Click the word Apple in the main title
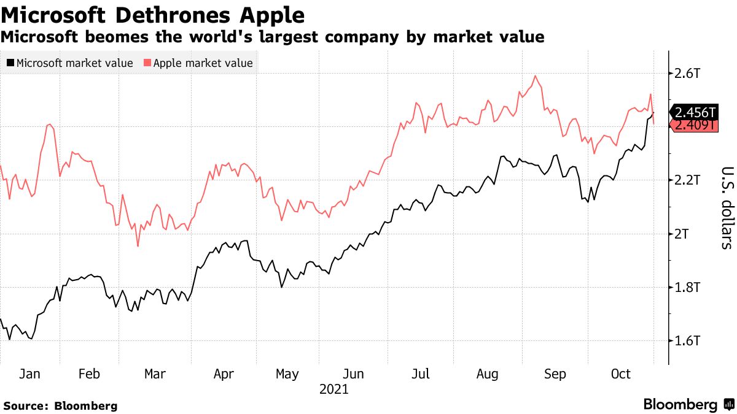271,13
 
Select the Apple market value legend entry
198,63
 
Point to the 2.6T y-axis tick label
687,74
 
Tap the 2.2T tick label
687,180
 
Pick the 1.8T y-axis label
687,287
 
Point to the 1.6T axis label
687,340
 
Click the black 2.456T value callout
695,112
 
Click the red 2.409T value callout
695,126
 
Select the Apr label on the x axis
222,374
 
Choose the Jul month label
421,374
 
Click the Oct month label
620,374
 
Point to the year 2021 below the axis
334,389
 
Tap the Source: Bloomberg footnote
60,406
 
